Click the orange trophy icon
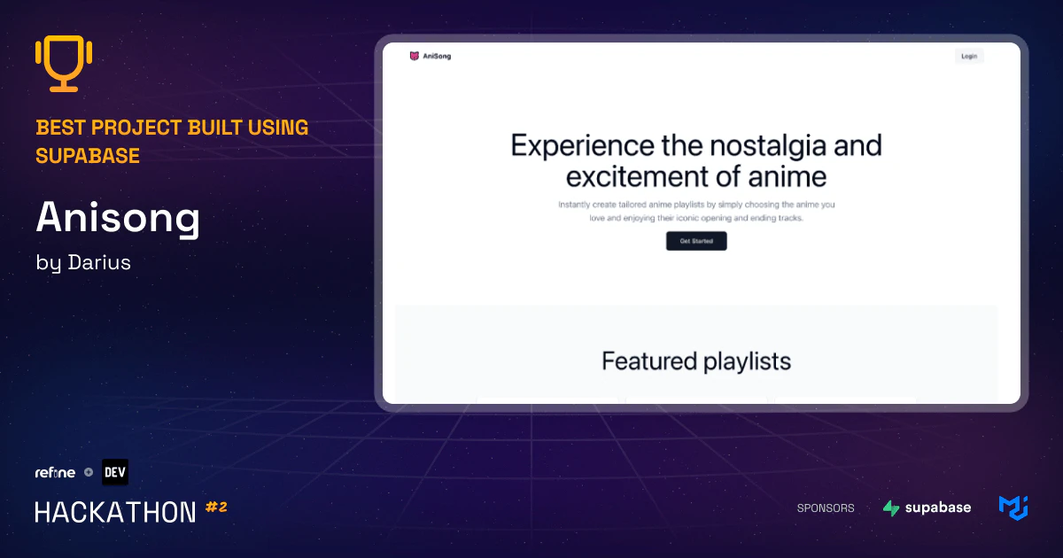pos(65,64)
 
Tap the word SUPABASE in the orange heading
pos(88,156)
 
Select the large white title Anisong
pos(118,219)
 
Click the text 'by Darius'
pos(83,263)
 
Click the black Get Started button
pos(696,241)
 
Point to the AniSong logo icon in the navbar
pos(414,56)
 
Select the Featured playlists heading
pos(696,360)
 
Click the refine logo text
pos(55,472)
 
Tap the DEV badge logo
pos(115,472)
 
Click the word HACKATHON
pos(115,512)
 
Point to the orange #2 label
pos(216,508)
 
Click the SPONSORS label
pos(826,508)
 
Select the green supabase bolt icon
pos(891,508)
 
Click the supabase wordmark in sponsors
pos(938,508)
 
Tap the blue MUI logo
pos(1013,508)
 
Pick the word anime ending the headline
pos(783,176)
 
